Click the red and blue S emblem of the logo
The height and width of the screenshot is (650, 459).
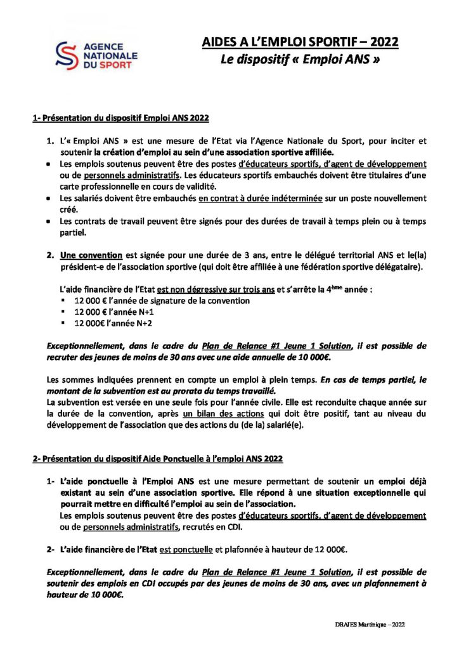[65, 56]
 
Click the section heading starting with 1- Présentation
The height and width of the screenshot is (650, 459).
[120, 118]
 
